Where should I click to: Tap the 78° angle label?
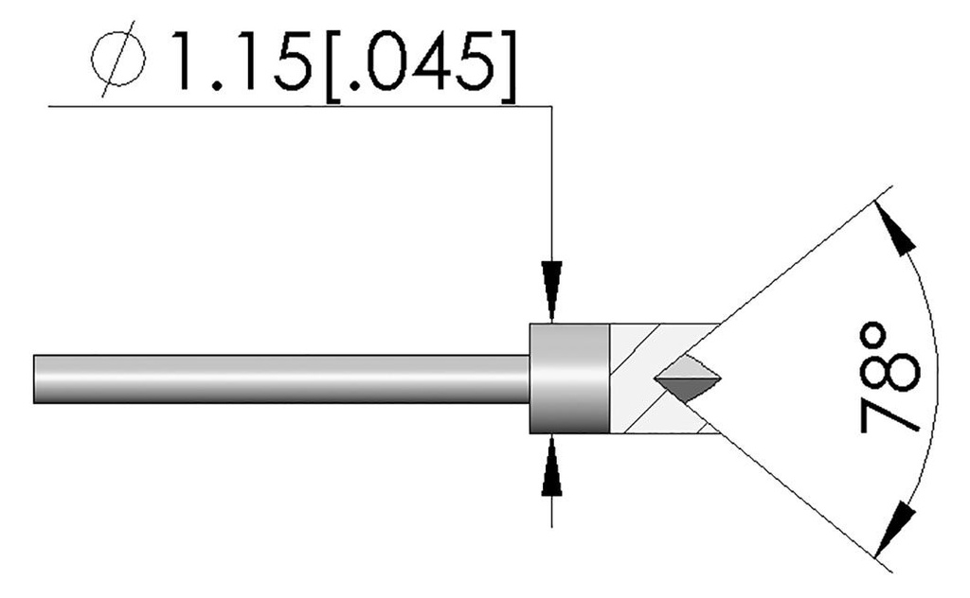coord(890,376)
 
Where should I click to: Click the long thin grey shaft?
coord(284,378)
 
